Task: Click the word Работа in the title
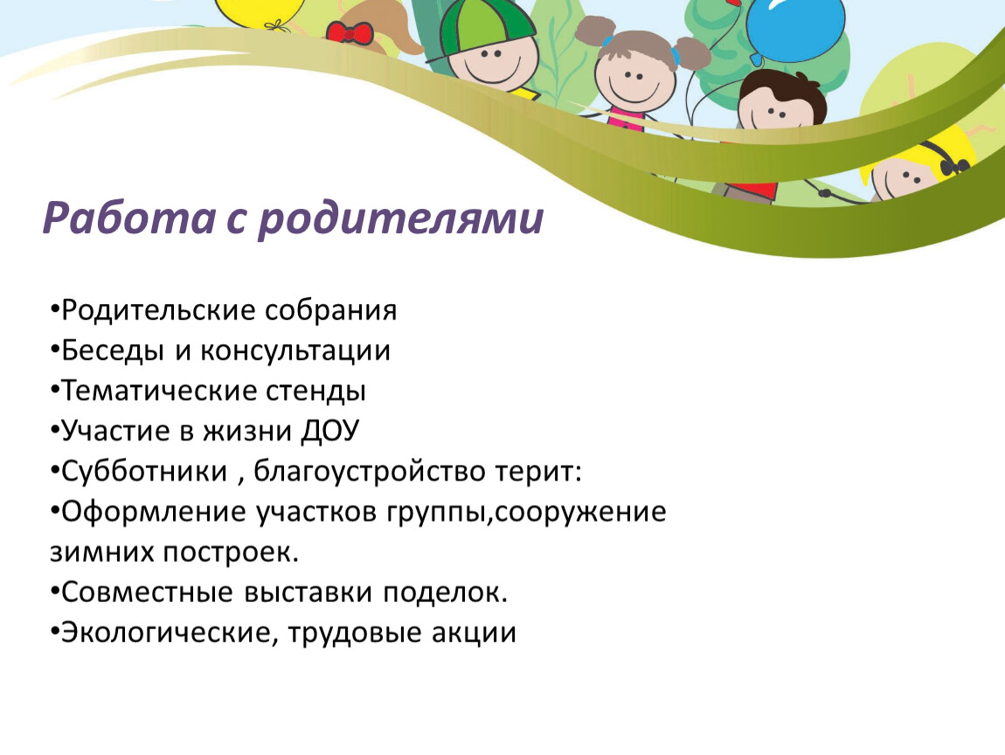pos(128,218)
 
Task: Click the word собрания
pos(330,311)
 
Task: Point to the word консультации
pos(295,351)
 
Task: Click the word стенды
pos(315,391)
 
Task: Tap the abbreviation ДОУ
pos(330,432)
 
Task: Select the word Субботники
pos(144,472)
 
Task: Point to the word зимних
pos(100,552)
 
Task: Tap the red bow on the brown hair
pos(350,32)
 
